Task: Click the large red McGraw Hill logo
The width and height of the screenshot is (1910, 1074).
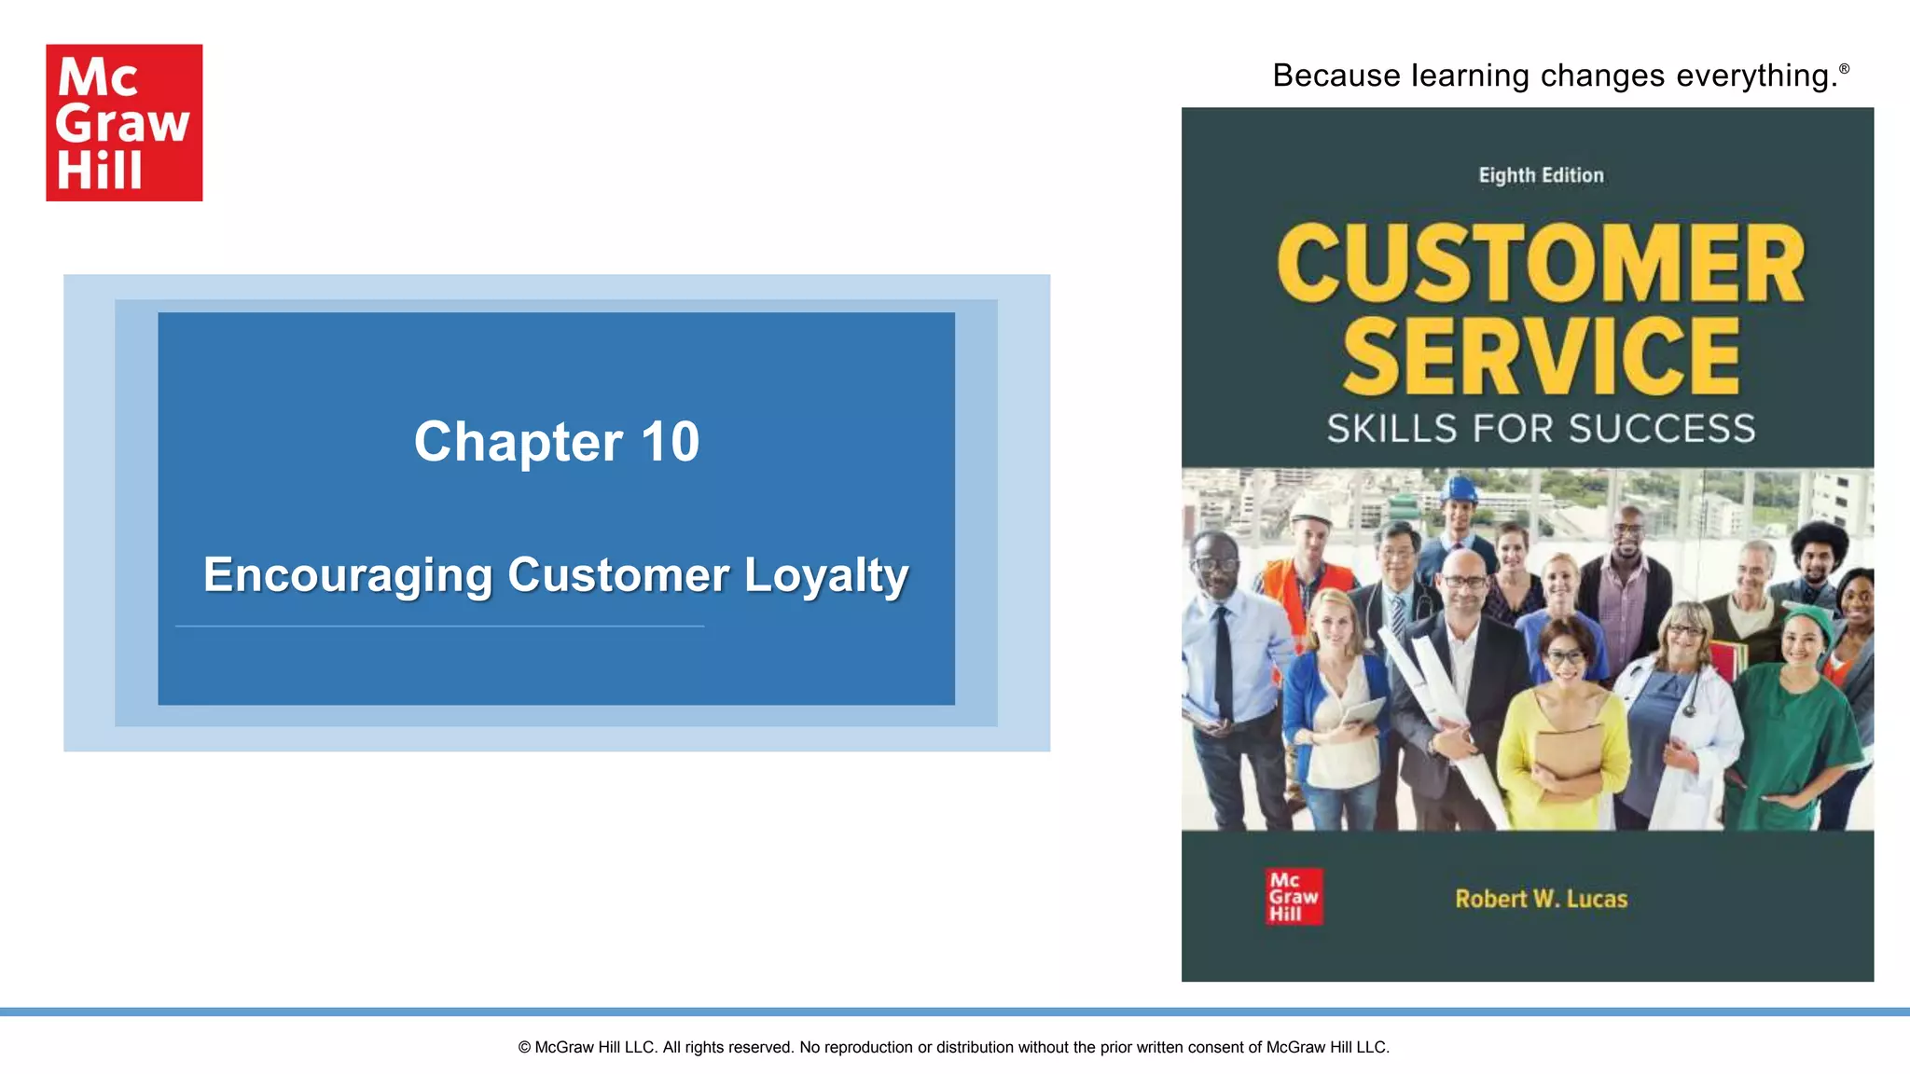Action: [124, 122]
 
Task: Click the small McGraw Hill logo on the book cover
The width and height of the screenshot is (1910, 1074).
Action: [1294, 897]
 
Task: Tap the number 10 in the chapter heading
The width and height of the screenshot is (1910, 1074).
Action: [670, 441]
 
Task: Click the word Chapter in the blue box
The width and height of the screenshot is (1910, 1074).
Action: [519, 441]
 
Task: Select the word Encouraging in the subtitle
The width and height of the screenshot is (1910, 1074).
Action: [348, 575]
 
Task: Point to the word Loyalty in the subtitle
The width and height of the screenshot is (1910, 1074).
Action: [826, 575]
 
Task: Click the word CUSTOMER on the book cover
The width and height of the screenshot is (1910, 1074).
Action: [1541, 264]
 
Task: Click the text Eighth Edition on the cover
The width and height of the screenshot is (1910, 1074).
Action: [1541, 175]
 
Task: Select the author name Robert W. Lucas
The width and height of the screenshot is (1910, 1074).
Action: [1541, 899]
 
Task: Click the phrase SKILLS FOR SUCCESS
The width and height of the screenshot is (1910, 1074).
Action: [1541, 429]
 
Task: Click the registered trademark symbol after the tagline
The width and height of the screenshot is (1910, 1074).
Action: [1844, 68]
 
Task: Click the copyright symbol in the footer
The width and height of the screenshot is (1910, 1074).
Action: [524, 1047]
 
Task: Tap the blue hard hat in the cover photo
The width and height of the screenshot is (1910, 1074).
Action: [1458, 489]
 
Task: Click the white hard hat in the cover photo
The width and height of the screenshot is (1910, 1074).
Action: [1311, 506]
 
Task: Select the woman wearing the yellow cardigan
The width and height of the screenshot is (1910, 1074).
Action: [1565, 727]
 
